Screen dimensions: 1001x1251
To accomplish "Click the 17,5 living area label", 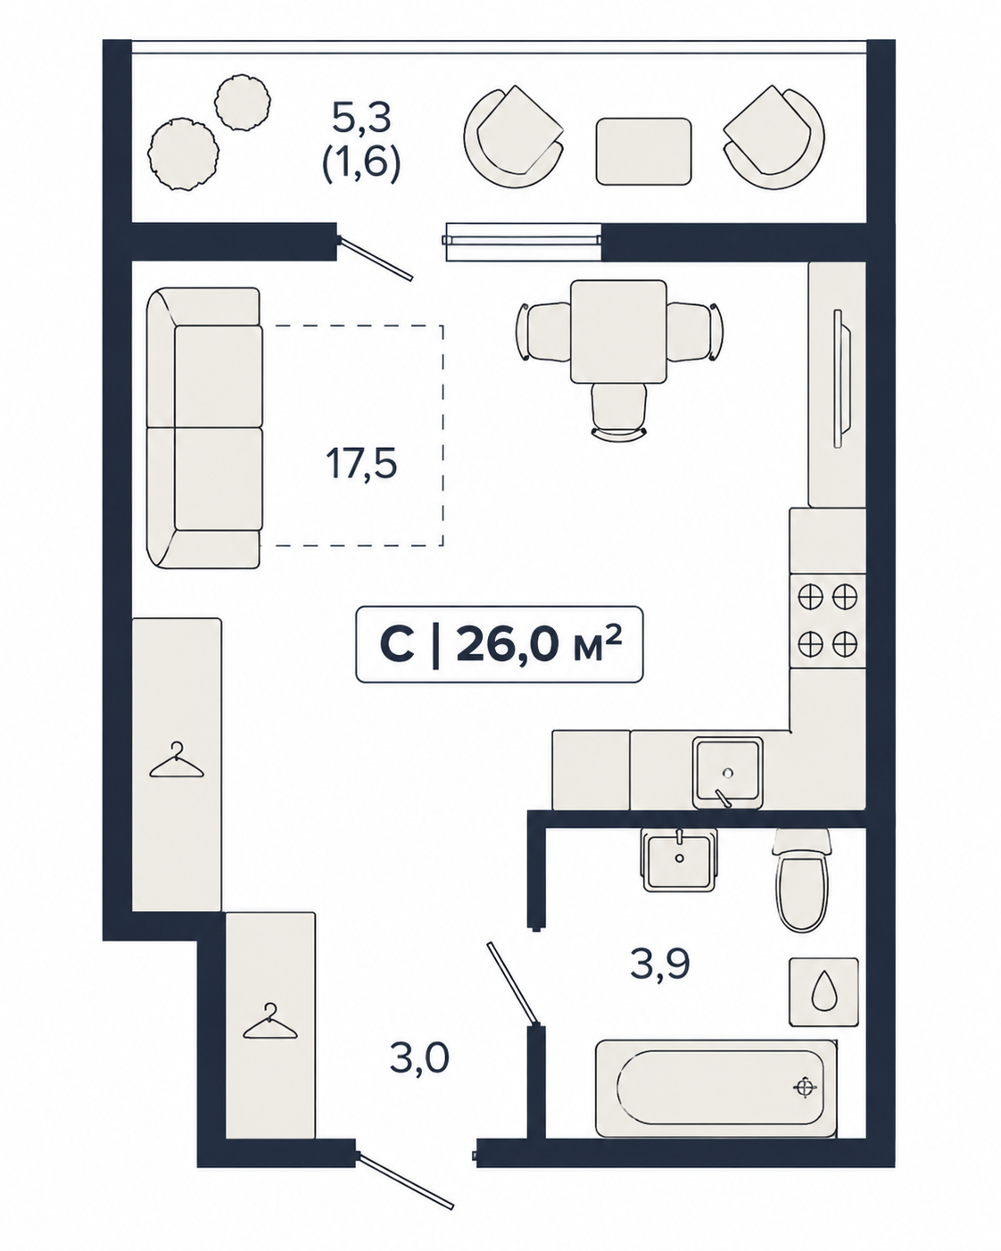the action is tap(361, 464).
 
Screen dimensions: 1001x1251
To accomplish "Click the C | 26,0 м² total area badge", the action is tap(500, 644).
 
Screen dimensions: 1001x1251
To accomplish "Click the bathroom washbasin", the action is tap(679, 860).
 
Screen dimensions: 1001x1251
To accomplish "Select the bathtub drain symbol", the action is tap(805, 1087).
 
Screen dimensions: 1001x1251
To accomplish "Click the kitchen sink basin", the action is tap(728, 773).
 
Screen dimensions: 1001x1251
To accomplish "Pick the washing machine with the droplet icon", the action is tap(823, 992).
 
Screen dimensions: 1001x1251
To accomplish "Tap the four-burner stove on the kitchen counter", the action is tap(827, 620).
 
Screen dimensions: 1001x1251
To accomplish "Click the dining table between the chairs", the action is tap(618, 331).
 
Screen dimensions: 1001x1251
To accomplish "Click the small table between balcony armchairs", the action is tap(644, 151).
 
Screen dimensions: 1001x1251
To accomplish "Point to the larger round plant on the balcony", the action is tap(183, 153).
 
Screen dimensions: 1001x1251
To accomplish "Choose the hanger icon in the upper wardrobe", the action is tap(177, 760).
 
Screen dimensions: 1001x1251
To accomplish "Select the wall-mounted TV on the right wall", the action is tap(841, 378).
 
